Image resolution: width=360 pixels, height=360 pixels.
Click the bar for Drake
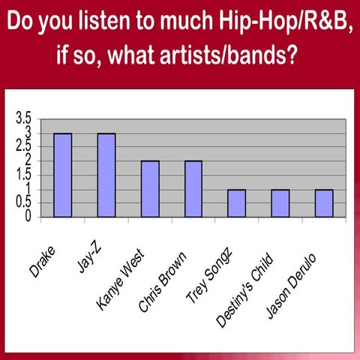coord(62,175)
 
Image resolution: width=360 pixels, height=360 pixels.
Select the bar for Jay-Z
coord(106,175)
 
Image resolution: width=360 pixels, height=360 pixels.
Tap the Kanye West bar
coord(150,189)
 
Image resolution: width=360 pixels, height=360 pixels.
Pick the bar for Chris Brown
coord(193,189)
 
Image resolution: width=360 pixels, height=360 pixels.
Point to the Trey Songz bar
coord(237,203)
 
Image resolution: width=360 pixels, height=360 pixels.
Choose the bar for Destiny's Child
coord(280,203)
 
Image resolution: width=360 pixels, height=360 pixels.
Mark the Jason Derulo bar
coord(324,203)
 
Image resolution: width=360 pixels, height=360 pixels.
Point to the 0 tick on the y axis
coord(28,217)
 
